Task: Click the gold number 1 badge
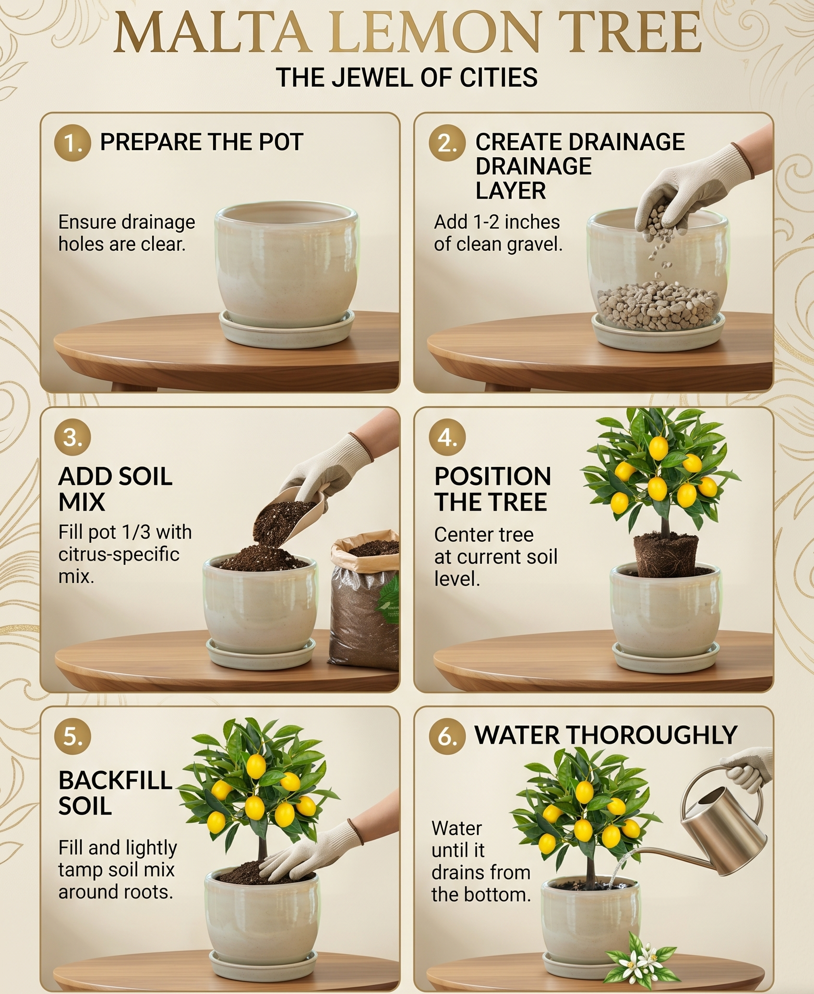[x=73, y=142]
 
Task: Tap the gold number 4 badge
[x=447, y=437]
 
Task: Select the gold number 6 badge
[x=447, y=736]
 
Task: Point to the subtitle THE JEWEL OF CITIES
[x=407, y=77]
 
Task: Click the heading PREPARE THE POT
[x=202, y=142]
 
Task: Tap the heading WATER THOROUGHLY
[x=606, y=735]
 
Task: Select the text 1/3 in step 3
[x=136, y=532]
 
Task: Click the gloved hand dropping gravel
[x=691, y=187]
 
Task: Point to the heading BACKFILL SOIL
[x=115, y=793]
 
